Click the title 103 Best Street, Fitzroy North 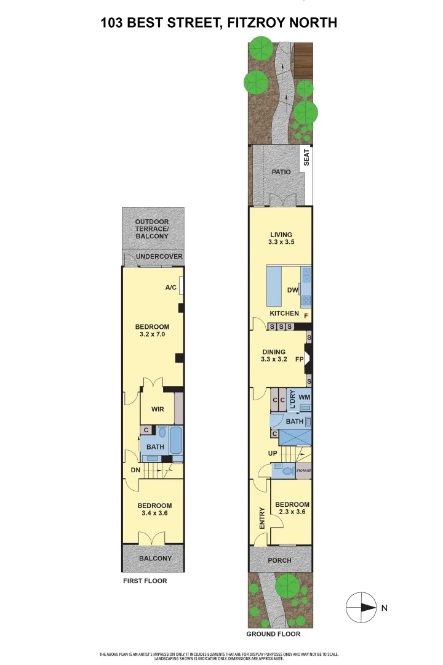pyautogui.click(x=219, y=23)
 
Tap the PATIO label pyautogui.click(x=281, y=172)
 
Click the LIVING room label pyautogui.click(x=281, y=234)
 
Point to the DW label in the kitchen pyautogui.click(x=293, y=291)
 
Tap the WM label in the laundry pyautogui.click(x=304, y=398)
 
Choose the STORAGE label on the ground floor pyautogui.click(x=304, y=471)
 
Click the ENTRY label pyautogui.click(x=261, y=518)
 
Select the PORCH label pyautogui.click(x=280, y=560)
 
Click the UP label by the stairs pyautogui.click(x=273, y=453)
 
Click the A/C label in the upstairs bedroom pyautogui.click(x=171, y=288)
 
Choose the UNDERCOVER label pyautogui.click(x=159, y=256)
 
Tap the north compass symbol pyautogui.click(x=361, y=608)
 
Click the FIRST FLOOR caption pyautogui.click(x=145, y=581)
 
